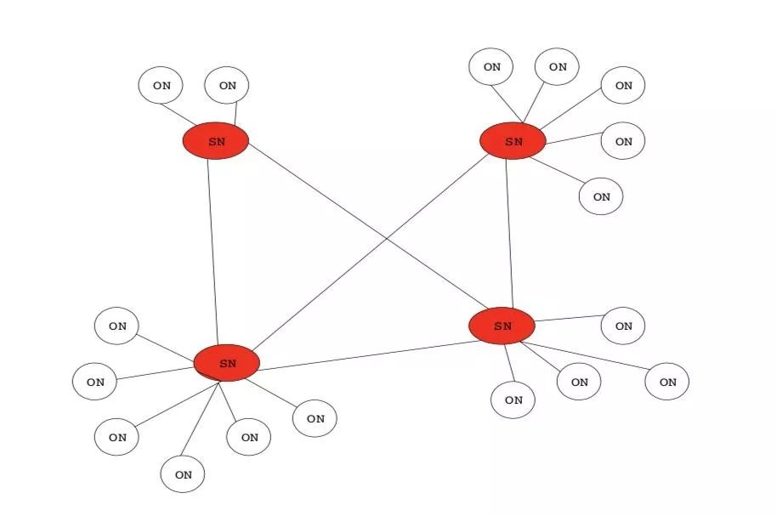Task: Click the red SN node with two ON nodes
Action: pyautogui.click(x=216, y=141)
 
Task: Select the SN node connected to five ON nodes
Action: pyautogui.click(x=513, y=141)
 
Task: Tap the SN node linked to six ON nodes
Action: pyautogui.click(x=227, y=363)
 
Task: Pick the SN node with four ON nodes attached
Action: pyautogui.click(x=502, y=326)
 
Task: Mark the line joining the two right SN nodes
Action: pyautogui.click(x=509, y=234)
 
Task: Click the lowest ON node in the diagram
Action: pyautogui.click(x=183, y=474)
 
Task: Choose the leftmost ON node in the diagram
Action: pyautogui.click(x=94, y=382)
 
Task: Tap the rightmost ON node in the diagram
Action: pyautogui.click(x=667, y=382)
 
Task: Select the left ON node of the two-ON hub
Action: pyautogui.click(x=161, y=85)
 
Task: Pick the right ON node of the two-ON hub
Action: pyautogui.click(x=227, y=85)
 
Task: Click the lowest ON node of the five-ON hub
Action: pyautogui.click(x=601, y=196)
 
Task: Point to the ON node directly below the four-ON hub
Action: pyautogui.click(x=513, y=400)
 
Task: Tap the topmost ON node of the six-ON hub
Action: pyautogui.click(x=117, y=326)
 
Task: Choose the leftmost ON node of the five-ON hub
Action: pyautogui.click(x=491, y=66)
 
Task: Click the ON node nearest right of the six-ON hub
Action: pyautogui.click(x=315, y=418)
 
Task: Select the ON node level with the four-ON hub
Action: pyautogui.click(x=623, y=326)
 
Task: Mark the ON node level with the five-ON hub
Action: pyautogui.click(x=623, y=141)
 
